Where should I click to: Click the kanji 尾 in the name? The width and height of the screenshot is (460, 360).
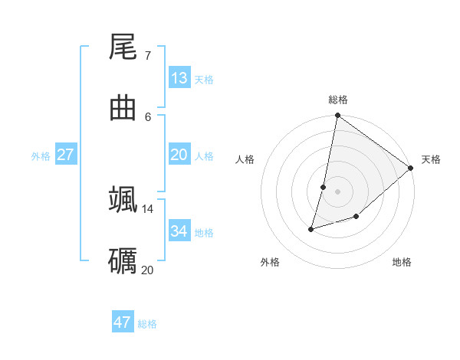tap(123, 47)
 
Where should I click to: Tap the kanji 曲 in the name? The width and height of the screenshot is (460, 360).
tap(123, 108)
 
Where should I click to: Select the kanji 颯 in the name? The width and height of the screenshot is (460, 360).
tap(123, 198)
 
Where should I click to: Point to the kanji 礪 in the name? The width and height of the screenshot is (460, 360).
tap(123, 260)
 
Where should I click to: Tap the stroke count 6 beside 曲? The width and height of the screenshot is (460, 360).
tap(147, 116)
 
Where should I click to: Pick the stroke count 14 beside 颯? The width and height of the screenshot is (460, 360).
tap(147, 208)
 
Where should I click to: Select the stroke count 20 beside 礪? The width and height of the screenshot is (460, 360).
tap(147, 270)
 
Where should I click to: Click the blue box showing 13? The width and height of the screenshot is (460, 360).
tap(179, 78)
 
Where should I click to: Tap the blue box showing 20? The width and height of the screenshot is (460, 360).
tap(179, 155)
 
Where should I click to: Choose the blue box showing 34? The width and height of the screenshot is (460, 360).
tap(179, 231)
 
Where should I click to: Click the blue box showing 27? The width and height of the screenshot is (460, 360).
tap(66, 155)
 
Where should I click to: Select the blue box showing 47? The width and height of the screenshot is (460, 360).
tap(123, 322)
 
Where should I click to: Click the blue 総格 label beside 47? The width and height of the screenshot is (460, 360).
tap(147, 324)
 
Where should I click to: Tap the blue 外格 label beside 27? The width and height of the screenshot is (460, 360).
tap(41, 156)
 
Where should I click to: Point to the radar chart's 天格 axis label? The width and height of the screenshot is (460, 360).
tap(431, 159)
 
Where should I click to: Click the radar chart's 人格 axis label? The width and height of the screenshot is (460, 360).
tap(245, 159)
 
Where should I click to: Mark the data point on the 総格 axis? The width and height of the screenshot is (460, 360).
tap(337, 116)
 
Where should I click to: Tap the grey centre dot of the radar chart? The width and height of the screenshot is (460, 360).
tap(337, 191)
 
